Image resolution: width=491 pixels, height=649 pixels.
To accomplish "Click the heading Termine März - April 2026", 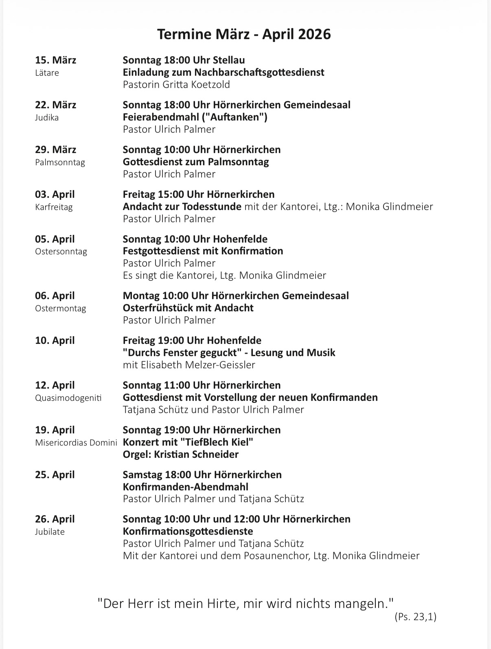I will [244, 34].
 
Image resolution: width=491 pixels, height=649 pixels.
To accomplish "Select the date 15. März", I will [55, 60].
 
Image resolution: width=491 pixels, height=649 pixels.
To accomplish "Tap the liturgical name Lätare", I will [47, 73].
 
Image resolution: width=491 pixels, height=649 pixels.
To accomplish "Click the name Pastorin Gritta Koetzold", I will [176, 85].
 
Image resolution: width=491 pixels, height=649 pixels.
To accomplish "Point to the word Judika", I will [47, 118].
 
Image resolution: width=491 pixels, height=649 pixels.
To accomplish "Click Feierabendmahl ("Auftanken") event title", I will [195, 117].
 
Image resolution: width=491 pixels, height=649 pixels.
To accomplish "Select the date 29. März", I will [55, 150].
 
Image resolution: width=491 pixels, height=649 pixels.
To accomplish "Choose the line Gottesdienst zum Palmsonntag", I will [196, 162].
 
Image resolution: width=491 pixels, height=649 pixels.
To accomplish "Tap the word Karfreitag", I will [54, 207].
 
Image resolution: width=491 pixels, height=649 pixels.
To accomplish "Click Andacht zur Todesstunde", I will [182, 207].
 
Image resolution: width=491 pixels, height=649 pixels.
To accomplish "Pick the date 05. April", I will [55, 239].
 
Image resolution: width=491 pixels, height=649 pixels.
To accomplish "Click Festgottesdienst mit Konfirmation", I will [203, 251].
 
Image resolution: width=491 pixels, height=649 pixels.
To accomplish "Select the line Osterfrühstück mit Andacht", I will [188, 308].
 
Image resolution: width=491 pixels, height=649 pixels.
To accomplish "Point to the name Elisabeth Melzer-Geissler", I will [198, 365].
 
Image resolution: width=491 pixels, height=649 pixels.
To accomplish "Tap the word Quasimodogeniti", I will [68, 398].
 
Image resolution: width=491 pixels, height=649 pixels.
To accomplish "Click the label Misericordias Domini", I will [76, 443].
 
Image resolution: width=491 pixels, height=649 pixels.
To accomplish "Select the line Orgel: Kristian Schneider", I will [181, 455].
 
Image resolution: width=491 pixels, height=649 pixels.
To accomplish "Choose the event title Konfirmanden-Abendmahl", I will [186, 487].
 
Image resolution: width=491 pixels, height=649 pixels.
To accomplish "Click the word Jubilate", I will [50, 532].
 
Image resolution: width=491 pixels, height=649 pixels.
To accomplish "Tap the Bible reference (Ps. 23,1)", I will [415, 617].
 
